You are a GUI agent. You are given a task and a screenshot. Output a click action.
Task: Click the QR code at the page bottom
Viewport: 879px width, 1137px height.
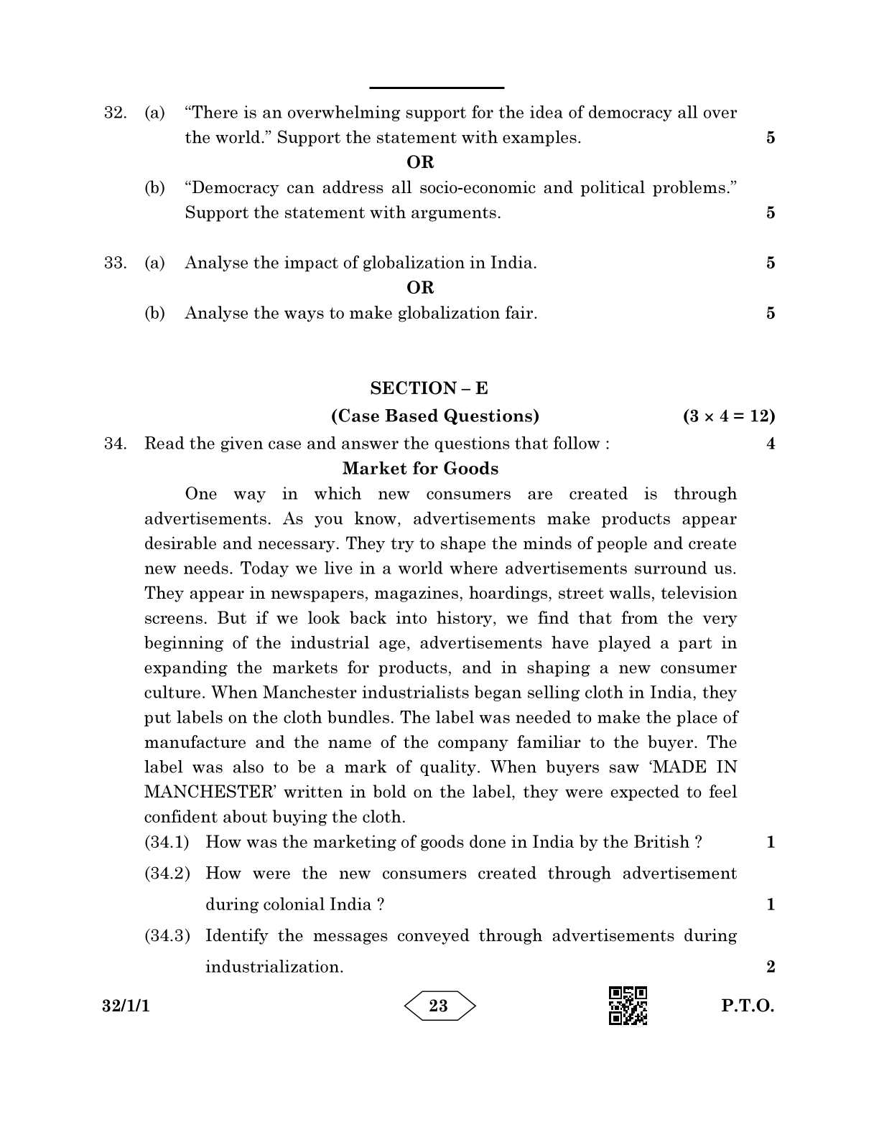pos(628,1006)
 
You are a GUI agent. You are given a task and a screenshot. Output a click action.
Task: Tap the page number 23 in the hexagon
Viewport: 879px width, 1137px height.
pos(439,1006)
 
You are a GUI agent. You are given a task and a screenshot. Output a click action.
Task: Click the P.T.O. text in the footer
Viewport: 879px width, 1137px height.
pos(748,1006)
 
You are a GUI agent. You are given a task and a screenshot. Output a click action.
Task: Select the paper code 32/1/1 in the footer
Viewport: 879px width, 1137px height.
pos(126,1006)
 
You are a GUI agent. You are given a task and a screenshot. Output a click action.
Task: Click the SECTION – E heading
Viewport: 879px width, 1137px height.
pos(429,388)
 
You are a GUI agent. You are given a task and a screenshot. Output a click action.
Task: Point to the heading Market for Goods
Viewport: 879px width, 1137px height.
pos(420,469)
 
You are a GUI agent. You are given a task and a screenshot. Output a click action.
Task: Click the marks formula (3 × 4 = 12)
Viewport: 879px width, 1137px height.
pos(729,416)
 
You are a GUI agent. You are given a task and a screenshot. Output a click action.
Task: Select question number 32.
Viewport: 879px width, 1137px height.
pos(115,113)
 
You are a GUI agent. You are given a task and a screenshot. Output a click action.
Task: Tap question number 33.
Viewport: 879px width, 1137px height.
pos(115,263)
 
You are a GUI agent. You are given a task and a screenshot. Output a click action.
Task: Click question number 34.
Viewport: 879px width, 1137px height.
pos(115,444)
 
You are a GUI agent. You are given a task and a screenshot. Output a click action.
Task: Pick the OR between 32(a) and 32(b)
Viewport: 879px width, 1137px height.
pos(420,162)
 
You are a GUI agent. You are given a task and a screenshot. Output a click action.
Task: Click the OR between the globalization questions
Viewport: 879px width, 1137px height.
pos(420,288)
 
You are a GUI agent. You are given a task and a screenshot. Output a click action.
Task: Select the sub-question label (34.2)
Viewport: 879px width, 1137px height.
pos(167,874)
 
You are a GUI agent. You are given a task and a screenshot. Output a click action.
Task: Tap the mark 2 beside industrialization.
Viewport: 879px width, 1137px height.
pos(771,967)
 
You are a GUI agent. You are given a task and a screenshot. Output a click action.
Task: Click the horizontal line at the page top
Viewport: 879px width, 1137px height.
pos(436,88)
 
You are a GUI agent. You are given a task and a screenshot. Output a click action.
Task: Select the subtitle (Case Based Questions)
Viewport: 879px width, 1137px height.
pos(434,416)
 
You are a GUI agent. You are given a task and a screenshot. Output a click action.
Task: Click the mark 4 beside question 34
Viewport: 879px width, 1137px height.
pos(771,444)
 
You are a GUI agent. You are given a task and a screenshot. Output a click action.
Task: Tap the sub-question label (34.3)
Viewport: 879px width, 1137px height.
pos(167,936)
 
